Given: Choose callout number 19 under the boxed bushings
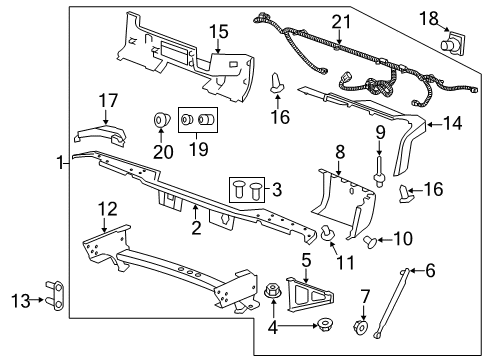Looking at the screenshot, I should click(x=199, y=151).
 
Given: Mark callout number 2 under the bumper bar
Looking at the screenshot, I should click(x=196, y=229).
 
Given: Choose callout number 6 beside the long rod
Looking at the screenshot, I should click(x=431, y=270).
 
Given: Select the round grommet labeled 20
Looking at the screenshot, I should click(x=160, y=124).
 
